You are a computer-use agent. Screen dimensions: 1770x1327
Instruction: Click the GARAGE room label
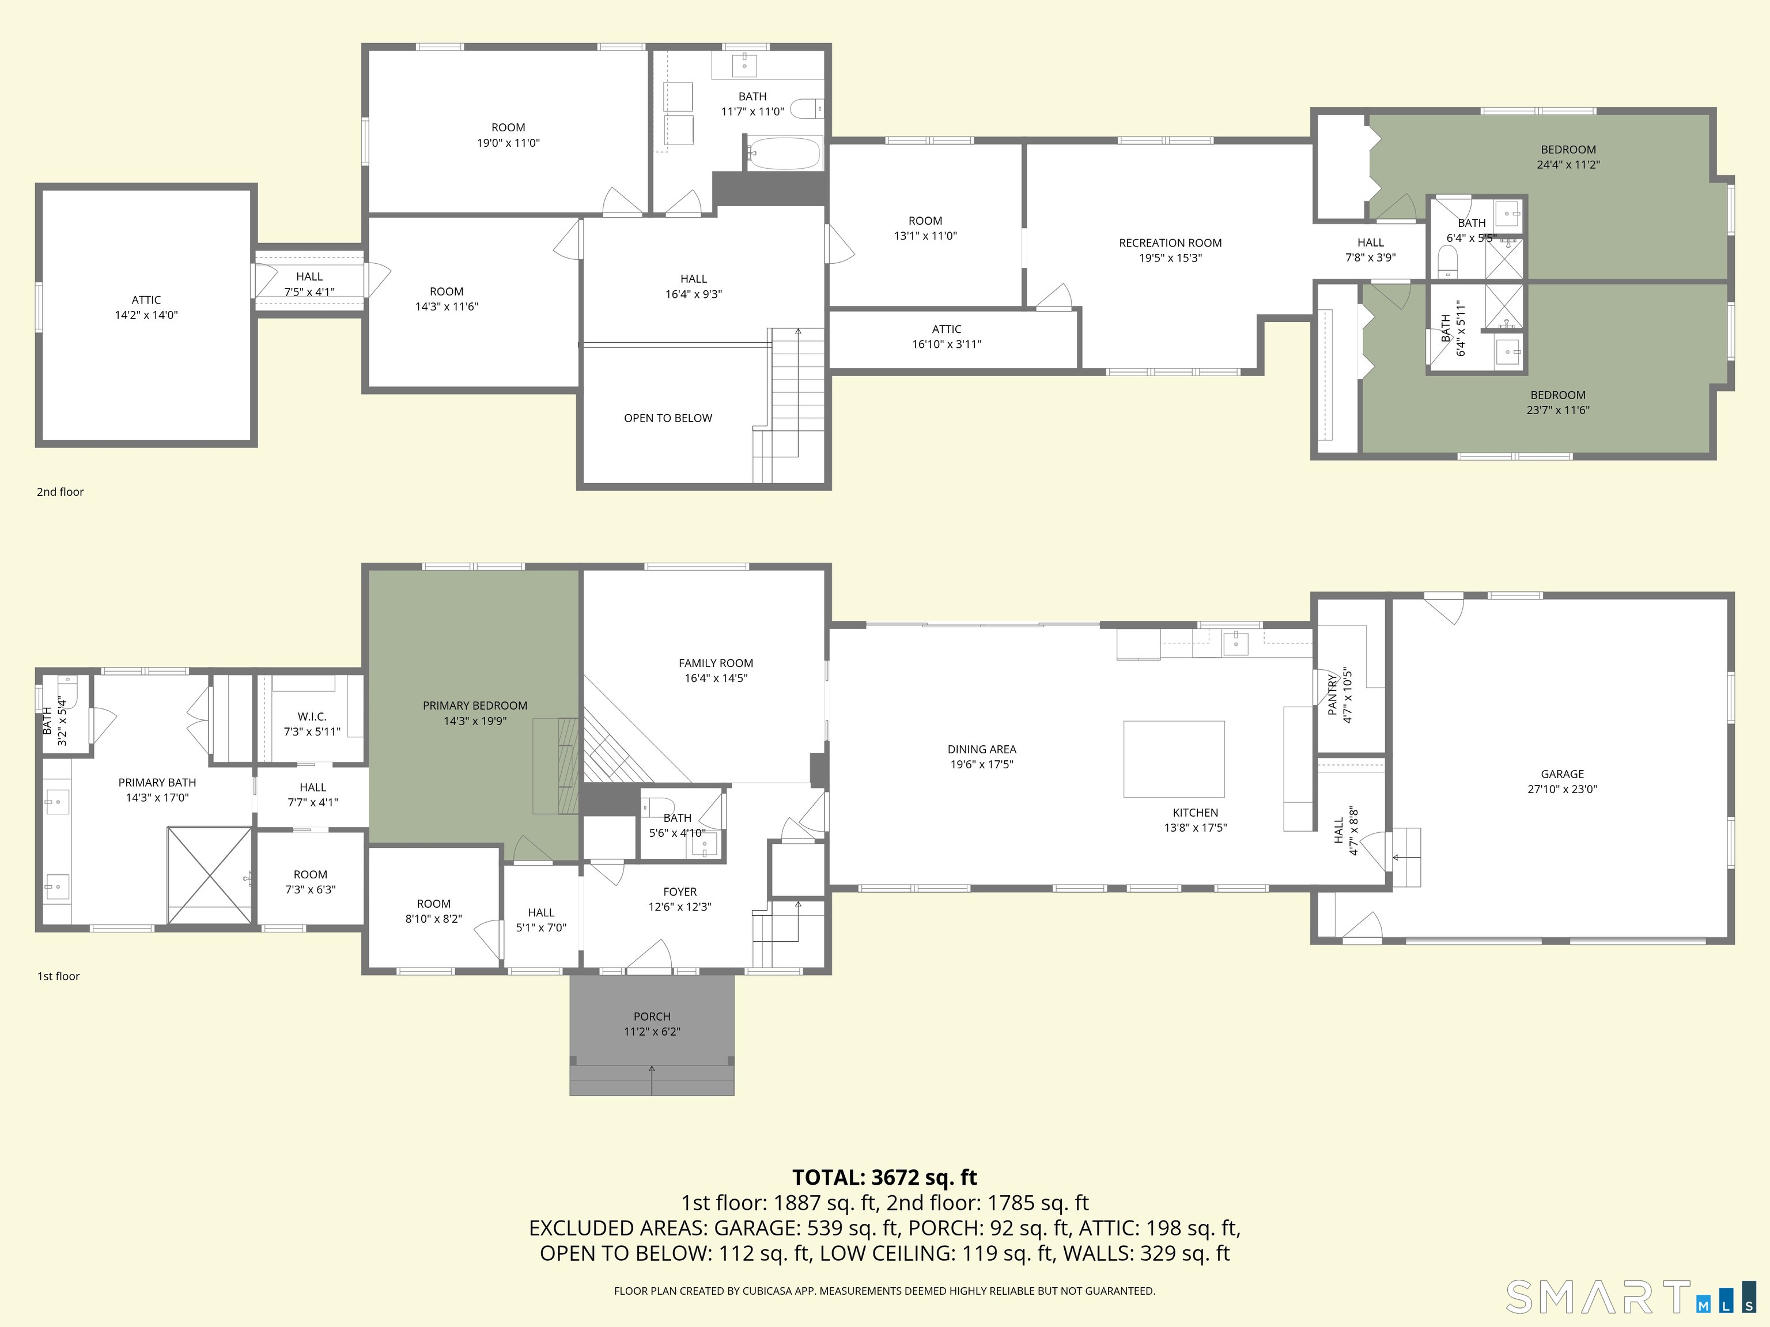tap(1562, 774)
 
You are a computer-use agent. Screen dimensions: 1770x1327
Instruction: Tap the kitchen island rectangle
tap(1174, 759)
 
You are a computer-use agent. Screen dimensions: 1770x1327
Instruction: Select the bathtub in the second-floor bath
tap(785, 153)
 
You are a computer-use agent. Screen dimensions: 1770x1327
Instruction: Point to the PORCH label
tap(652, 1017)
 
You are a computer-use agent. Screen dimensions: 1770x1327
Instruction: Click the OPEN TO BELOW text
tap(668, 418)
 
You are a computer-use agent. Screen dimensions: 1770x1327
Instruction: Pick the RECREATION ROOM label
tap(1170, 242)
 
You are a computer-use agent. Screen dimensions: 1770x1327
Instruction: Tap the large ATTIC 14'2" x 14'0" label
tap(146, 307)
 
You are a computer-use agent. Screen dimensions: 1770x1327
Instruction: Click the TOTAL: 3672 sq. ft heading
tap(885, 1177)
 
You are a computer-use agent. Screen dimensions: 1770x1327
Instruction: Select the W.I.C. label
tap(312, 716)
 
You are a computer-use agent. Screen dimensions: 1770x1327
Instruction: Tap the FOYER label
tap(680, 892)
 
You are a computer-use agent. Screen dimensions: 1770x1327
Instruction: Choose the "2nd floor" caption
tap(60, 492)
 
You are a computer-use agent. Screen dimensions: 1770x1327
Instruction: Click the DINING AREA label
tap(982, 749)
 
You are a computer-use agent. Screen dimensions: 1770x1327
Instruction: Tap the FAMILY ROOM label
tap(716, 663)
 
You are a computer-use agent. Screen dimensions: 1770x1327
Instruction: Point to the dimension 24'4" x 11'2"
tap(1568, 165)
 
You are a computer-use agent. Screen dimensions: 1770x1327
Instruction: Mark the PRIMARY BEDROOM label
tap(475, 706)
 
